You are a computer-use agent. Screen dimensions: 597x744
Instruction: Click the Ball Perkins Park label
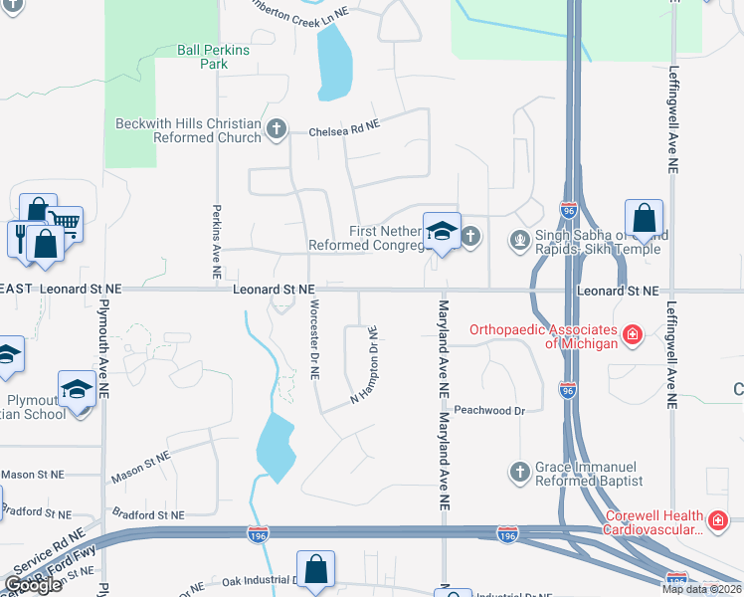[202, 56]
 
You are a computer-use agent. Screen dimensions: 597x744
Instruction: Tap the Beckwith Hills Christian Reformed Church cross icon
[277, 128]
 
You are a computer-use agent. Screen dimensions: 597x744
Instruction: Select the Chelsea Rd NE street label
[344, 128]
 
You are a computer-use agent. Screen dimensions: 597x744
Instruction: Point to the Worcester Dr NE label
[314, 338]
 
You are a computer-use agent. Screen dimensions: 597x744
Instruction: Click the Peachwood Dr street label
[488, 410]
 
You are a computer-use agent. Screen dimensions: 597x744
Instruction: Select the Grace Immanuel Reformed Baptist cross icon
[518, 472]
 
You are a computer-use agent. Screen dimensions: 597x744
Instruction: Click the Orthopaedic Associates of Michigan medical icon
[632, 335]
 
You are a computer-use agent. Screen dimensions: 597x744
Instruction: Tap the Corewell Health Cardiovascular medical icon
[717, 520]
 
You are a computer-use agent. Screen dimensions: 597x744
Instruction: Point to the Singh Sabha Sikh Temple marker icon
[518, 240]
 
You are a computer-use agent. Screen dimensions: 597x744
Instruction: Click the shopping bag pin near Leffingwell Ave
[644, 218]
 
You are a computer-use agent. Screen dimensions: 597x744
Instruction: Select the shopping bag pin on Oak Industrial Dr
[314, 570]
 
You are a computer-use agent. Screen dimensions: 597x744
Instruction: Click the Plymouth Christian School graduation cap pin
[77, 388]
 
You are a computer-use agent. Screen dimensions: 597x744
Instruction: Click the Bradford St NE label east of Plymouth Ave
[148, 515]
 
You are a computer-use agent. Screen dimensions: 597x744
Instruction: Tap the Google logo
[34, 585]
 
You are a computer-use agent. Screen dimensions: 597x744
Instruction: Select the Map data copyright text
[700, 589]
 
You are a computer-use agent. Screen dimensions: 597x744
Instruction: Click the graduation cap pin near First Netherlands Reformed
[441, 231]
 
